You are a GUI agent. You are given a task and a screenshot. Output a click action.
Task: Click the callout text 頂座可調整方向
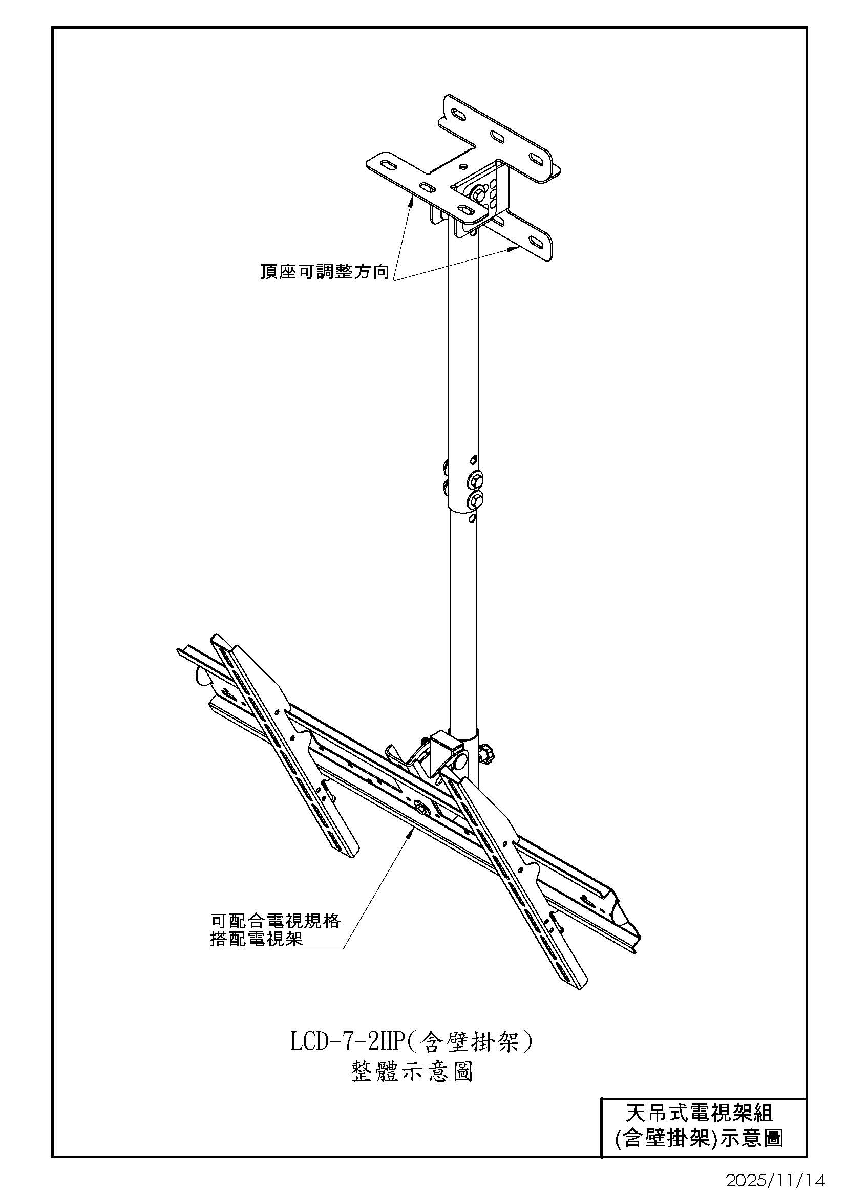point(325,272)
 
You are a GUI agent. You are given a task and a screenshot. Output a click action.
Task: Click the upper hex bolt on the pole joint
point(476,478)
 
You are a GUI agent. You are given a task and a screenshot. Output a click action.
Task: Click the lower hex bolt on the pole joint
point(476,502)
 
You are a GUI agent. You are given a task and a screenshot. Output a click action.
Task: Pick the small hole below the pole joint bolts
point(472,518)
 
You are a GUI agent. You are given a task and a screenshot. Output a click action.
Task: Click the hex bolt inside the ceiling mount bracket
point(477,194)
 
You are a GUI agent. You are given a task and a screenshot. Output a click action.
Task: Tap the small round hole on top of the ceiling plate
point(463,168)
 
